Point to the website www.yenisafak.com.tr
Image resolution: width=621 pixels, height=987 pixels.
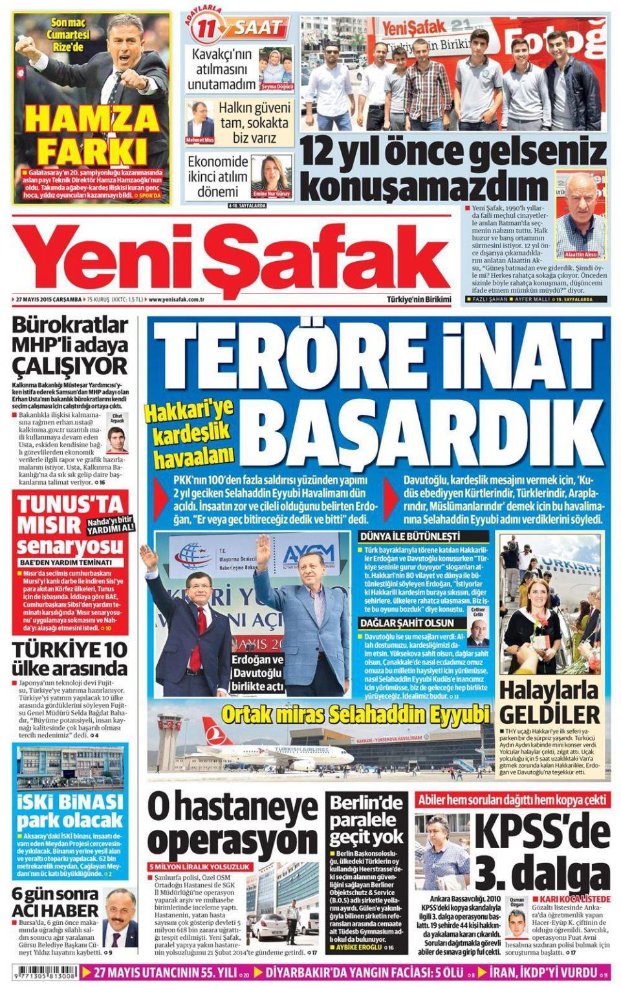pyautogui.click(x=177, y=299)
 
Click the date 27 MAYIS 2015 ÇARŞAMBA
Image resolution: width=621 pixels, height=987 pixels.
pyautogui.click(x=49, y=299)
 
